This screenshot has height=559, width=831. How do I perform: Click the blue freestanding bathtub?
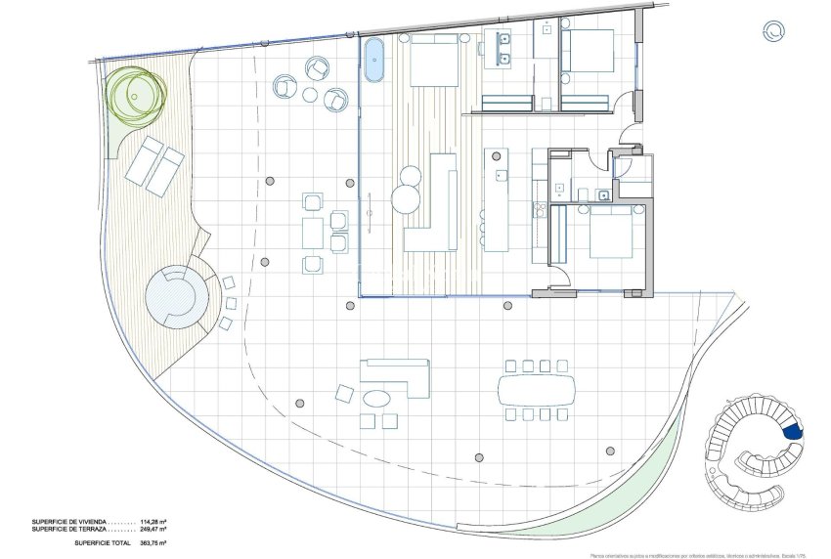pyautogui.click(x=375, y=61)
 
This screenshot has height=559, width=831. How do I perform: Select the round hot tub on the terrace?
pyautogui.click(x=176, y=296)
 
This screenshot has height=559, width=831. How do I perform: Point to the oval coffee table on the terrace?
pyautogui.click(x=376, y=399)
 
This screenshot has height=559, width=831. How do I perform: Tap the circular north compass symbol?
pyautogui.click(x=772, y=31)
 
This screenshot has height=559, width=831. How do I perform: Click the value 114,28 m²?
pyautogui.click(x=151, y=522)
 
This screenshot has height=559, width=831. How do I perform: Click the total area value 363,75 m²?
pyautogui.click(x=151, y=541)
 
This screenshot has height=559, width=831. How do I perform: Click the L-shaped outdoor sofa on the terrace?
pyautogui.click(x=396, y=375)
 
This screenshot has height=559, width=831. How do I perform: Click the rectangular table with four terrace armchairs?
pyautogui.click(x=313, y=233)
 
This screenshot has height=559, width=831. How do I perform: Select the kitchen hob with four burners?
pyautogui.click(x=538, y=207)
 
